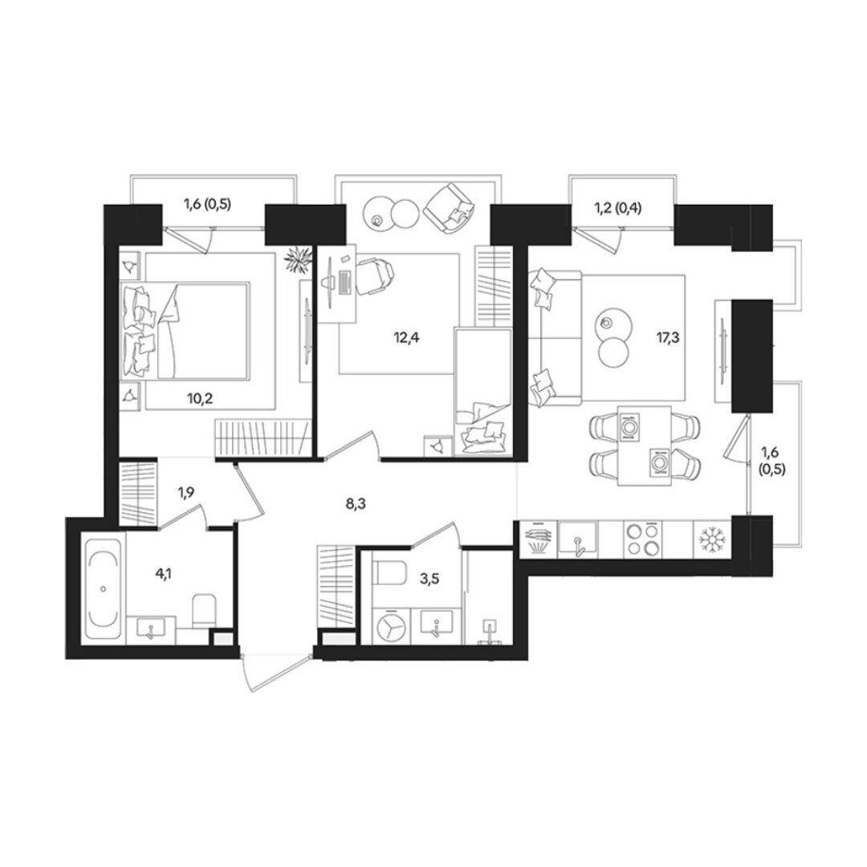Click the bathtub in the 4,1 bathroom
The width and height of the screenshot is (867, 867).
tap(104, 589)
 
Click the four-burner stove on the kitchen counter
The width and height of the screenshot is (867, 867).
tap(644, 539)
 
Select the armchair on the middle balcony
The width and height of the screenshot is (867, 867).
tap(450, 209)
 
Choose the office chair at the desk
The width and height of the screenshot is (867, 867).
tap(372, 276)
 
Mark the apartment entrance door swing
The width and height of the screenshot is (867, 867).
tap(276, 672)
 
